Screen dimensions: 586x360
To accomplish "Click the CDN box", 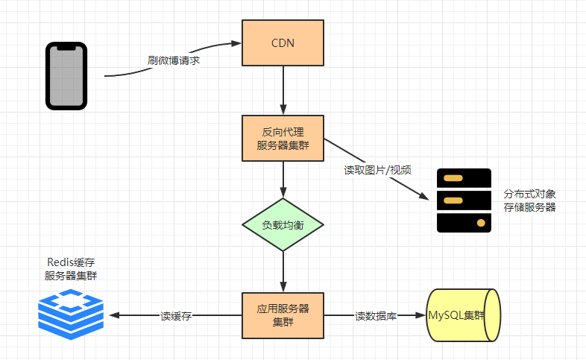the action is pos(283,43).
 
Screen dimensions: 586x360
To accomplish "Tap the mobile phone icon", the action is pos(66,76).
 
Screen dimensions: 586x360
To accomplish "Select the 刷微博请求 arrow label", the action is pos(174,60).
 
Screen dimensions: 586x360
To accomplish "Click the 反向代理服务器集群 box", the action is pos(283,138).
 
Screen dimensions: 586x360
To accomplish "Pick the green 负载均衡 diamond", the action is pos(283,224).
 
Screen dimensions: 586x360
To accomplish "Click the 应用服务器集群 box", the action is pos(283,315).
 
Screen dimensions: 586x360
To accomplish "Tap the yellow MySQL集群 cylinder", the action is pos(464,315).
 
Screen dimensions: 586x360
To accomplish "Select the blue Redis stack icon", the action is pos(71,314).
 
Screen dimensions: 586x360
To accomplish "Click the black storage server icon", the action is pos(464,200).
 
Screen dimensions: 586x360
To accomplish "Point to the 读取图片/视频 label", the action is pos(377,170).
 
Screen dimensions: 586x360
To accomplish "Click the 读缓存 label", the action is pos(176,316).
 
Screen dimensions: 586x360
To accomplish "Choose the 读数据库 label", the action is pos(376,316).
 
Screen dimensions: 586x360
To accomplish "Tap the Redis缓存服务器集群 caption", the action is pos(71,269).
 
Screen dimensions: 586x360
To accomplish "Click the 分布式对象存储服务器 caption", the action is pos(529,200).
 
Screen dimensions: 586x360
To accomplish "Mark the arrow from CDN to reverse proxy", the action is pos(283,90).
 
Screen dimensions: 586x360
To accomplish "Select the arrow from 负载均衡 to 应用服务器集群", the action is pos(283,272).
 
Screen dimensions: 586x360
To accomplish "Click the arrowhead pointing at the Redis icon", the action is pos(113,315).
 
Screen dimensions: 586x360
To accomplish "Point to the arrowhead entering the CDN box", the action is pos(236,43).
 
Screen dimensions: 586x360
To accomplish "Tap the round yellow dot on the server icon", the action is pos(481,223).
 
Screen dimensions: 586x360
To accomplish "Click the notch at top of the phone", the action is pos(66,48).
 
